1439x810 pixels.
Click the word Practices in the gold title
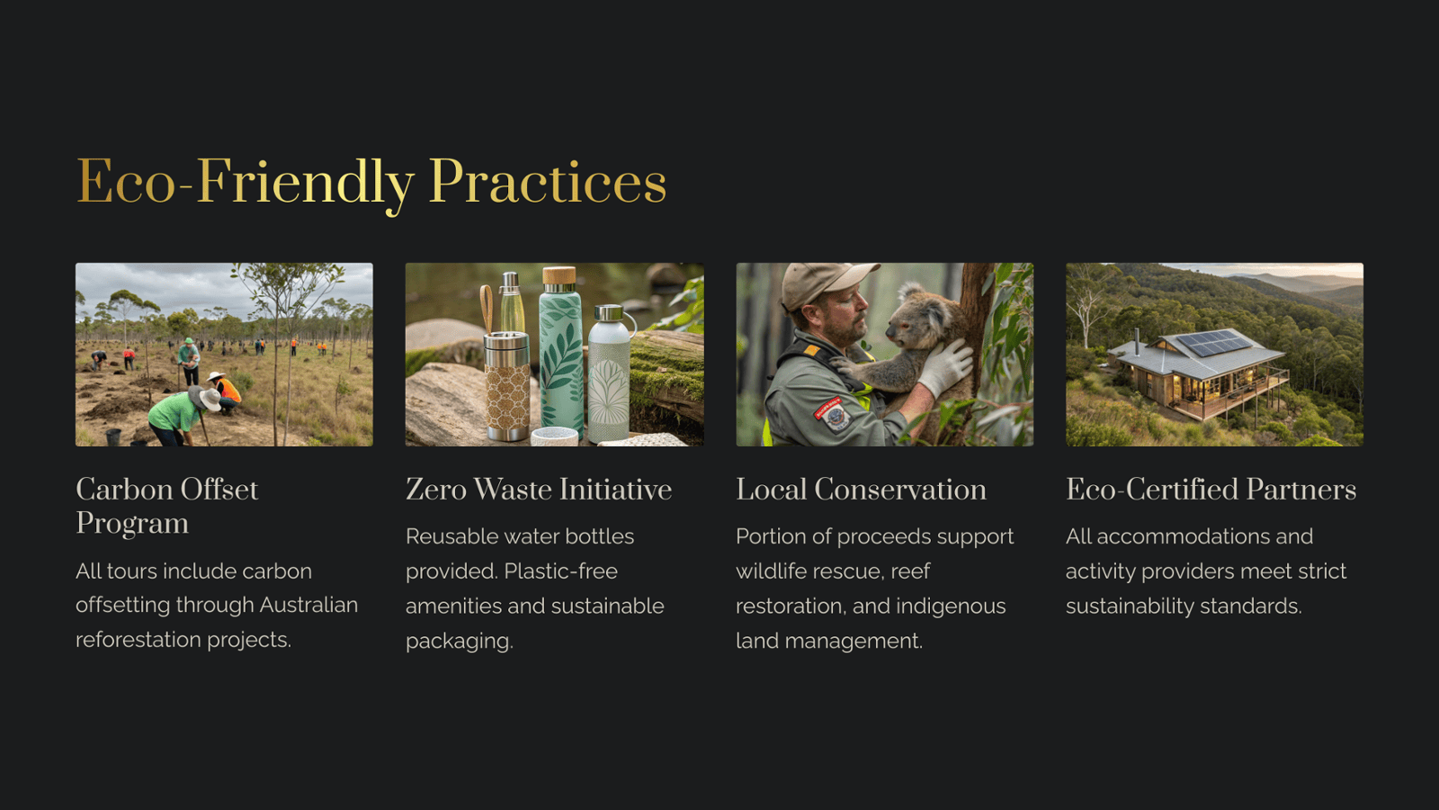(x=548, y=181)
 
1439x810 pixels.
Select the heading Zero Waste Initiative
(x=539, y=490)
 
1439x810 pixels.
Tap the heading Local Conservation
(x=861, y=490)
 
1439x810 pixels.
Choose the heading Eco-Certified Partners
(x=1211, y=490)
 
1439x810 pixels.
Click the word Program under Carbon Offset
(x=132, y=524)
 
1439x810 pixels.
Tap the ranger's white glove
(x=944, y=368)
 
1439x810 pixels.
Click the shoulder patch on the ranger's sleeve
(x=832, y=414)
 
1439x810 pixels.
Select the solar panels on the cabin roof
(x=1213, y=342)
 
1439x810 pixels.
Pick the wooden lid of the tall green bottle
(x=559, y=275)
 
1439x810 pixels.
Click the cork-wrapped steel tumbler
(x=507, y=386)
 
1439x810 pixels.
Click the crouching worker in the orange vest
(x=225, y=392)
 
